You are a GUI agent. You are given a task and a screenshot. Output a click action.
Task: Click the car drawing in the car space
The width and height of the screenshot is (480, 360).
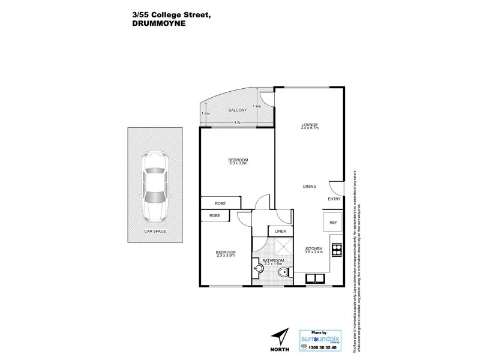pos(155,188)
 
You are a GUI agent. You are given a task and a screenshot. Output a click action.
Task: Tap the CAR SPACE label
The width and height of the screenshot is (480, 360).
pos(155,231)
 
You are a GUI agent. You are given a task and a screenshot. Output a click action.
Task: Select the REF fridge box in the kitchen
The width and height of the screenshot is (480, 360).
pos(332,222)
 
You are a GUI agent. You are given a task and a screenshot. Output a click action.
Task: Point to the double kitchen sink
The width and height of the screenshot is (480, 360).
pos(316,278)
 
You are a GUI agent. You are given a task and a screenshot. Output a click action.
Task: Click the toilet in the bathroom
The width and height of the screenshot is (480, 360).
pos(284,275)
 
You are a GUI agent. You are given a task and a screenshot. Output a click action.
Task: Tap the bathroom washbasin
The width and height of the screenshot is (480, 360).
pos(259,268)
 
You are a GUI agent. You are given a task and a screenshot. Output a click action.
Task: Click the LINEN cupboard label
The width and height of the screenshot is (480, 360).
pos(280,231)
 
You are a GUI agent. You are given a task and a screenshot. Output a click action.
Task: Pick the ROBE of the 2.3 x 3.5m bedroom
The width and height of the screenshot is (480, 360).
pos(214,215)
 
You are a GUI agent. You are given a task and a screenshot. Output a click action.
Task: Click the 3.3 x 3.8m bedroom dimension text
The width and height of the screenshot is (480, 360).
pos(238,163)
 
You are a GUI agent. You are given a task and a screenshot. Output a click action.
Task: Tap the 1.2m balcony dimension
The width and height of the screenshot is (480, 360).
pos(205,113)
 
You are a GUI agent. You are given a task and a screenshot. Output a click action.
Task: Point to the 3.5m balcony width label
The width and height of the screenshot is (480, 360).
pos(238,122)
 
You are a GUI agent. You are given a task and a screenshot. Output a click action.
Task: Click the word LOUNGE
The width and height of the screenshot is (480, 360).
pos(310,125)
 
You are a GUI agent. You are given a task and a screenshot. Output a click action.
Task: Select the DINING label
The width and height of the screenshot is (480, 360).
pos(310,187)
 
